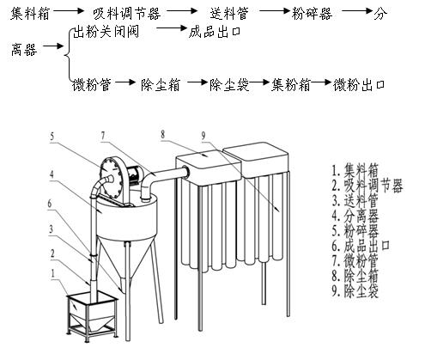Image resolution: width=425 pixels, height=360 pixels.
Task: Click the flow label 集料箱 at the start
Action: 30,14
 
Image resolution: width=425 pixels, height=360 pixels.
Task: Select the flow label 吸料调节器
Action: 127,14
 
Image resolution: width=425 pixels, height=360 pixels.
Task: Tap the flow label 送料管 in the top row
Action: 229,14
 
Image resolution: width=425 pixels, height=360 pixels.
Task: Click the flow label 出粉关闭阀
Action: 106,32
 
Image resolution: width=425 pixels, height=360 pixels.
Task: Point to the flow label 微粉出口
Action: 358,85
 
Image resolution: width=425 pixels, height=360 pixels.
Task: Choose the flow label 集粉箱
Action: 291,85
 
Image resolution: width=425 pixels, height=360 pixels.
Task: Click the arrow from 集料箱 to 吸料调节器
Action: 69,11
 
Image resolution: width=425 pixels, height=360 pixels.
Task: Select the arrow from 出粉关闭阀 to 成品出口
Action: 172,28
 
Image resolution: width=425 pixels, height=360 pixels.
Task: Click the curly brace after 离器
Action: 68,54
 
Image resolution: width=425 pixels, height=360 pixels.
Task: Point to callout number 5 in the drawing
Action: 52,136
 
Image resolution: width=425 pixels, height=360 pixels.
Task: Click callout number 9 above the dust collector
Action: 203,135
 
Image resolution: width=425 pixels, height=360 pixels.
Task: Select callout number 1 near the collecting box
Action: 52,273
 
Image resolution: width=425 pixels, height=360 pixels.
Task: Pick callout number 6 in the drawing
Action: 50,204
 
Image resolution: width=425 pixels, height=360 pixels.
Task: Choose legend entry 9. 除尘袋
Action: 355,290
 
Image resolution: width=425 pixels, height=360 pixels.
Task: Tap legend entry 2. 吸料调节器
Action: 367,186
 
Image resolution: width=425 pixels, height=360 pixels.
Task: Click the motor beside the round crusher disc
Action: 135,174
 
